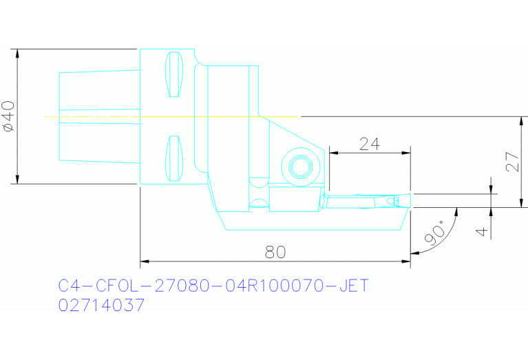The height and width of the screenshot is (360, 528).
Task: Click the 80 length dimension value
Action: (x=275, y=252)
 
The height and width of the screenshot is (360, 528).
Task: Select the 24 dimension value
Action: (x=370, y=143)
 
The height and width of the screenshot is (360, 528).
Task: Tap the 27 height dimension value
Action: (x=511, y=162)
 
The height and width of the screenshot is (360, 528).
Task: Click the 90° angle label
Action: (x=436, y=235)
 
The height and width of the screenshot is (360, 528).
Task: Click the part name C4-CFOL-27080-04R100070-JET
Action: (x=213, y=285)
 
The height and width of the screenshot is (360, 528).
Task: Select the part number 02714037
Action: (x=101, y=305)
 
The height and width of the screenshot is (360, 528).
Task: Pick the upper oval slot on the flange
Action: (x=175, y=74)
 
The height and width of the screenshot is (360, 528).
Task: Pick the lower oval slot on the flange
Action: (x=175, y=158)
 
